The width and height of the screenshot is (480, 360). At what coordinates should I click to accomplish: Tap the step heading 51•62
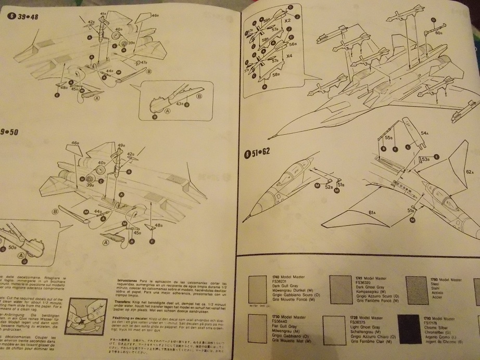(x=260, y=153)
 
